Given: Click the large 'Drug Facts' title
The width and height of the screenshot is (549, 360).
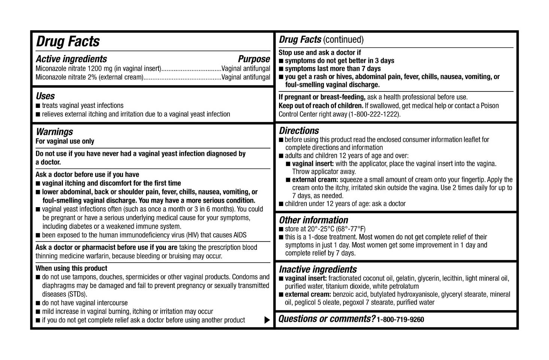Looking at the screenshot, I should pos(68,41).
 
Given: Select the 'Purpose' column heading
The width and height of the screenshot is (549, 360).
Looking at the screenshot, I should pos(254,59).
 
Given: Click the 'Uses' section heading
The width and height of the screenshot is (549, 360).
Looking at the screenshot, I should pos(45,96).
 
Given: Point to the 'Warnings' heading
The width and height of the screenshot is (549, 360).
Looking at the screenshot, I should pos(54,132).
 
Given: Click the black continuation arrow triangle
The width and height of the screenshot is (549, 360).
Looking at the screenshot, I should pos(267,320).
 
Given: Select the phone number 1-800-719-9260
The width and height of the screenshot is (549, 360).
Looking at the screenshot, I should pos(400,320).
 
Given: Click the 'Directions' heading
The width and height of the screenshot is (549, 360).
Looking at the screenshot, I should pos(299,131).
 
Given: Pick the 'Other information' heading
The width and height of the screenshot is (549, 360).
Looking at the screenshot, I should pos(313,220).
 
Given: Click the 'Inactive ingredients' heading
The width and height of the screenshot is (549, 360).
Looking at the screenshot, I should pos(318,269).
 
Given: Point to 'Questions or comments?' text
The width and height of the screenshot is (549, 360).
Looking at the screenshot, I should pos(327,319).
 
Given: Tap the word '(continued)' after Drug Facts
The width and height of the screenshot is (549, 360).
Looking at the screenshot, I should pos(343,40).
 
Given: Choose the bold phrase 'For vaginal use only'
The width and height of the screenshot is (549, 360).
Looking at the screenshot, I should pos(65,141).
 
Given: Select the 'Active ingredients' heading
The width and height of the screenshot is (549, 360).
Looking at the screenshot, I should pos(71,59).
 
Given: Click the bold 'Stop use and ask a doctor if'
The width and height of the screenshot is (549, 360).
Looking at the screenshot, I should pos(320,53).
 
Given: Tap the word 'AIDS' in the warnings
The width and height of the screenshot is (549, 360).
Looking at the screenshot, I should pos(240,235).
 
